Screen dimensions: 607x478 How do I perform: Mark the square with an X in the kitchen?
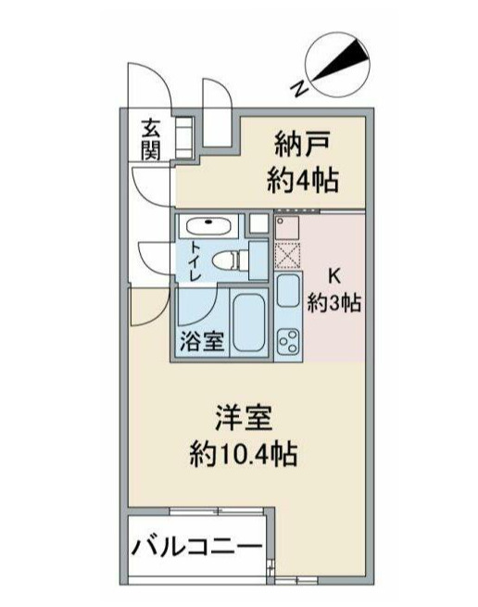287,252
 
